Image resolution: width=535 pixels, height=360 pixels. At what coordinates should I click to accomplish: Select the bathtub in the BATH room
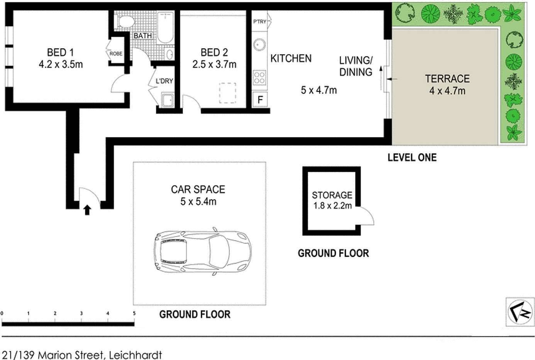165,27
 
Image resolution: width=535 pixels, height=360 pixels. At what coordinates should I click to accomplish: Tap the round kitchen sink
259,45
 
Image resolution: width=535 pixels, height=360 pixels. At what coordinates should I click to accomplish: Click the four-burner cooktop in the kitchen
259,77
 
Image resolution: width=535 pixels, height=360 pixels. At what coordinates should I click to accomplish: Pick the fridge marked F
260,99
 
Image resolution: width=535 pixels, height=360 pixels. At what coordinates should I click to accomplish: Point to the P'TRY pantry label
260,22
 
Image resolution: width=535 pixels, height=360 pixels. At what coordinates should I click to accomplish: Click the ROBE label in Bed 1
116,54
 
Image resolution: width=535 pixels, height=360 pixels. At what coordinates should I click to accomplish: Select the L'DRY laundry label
164,81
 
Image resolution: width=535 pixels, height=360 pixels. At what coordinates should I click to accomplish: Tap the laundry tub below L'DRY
168,100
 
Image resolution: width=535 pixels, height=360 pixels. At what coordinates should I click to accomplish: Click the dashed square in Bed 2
228,93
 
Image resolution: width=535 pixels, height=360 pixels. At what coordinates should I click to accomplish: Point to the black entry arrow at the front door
87,210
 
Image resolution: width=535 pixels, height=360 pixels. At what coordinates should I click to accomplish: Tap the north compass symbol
520,311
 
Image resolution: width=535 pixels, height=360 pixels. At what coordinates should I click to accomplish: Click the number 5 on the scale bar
134,313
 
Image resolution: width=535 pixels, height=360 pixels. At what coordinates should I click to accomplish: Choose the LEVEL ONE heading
412,157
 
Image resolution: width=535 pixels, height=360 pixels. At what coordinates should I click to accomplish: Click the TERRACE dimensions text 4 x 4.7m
447,91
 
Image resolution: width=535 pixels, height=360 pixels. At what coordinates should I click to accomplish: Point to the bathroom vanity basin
169,54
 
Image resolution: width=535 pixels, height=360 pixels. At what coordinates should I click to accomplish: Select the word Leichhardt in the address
135,355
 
